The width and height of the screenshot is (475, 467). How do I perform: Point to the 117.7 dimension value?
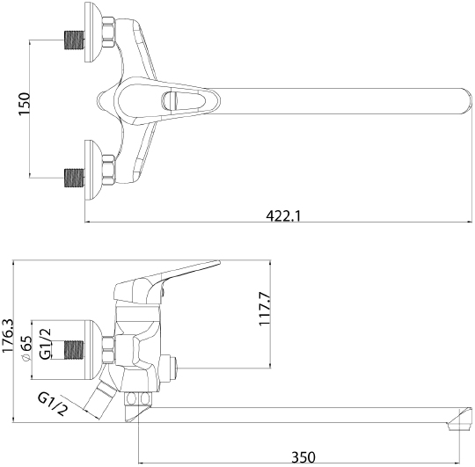pyautogui.click(x=265, y=310)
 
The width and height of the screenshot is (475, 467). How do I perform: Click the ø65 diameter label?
pyautogui.click(x=27, y=343)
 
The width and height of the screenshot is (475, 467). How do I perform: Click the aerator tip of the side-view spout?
pyautogui.click(x=456, y=425)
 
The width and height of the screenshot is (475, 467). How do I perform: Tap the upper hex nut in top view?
pyautogui.click(x=109, y=33)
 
